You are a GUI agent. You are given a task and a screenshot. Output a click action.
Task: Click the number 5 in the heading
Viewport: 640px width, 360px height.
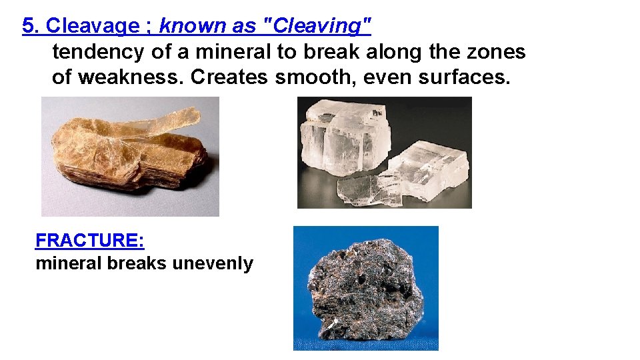tap(27, 26)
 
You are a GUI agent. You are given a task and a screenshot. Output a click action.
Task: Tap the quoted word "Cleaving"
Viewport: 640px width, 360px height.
tap(319, 26)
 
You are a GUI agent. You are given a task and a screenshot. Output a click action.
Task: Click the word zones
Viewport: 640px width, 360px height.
tap(499, 51)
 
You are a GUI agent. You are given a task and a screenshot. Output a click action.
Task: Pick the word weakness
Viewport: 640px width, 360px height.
tap(131, 77)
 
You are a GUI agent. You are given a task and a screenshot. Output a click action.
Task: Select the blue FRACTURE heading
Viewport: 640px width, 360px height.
tap(89, 240)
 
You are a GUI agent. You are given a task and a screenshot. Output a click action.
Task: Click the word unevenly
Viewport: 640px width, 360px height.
tap(213, 263)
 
